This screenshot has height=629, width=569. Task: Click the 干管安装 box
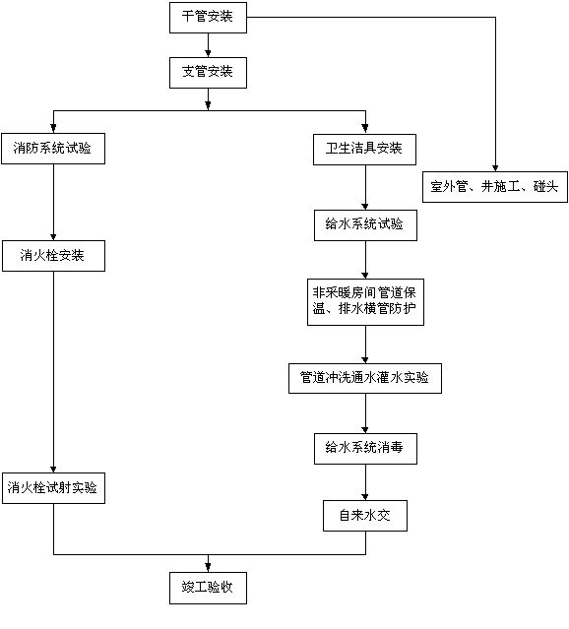click(208, 18)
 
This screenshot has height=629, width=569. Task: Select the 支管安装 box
click(208, 73)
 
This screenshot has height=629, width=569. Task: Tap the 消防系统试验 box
click(53, 149)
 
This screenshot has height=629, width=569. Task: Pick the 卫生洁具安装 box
click(364, 150)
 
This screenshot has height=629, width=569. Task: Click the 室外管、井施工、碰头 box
click(495, 187)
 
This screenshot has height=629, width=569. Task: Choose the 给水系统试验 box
click(365, 225)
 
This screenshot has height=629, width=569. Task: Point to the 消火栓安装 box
click(53, 256)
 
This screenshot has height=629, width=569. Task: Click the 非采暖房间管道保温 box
click(365, 302)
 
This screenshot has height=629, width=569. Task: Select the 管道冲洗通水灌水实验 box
click(365, 378)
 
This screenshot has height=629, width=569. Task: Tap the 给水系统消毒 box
click(365, 449)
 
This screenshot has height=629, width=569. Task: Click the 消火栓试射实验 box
click(53, 488)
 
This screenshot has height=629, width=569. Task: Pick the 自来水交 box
click(365, 516)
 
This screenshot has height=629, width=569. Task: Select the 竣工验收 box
click(208, 588)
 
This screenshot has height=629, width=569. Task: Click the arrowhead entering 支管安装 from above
click(208, 54)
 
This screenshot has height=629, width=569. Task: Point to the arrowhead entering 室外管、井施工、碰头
click(495, 168)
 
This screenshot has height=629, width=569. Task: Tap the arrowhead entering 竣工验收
click(208, 569)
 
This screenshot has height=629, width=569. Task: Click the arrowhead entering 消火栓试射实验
click(53, 470)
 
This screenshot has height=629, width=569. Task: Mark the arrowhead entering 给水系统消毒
click(365, 429)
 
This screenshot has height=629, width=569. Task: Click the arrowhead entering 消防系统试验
click(53, 129)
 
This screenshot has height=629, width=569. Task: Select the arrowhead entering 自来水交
click(365, 497)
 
